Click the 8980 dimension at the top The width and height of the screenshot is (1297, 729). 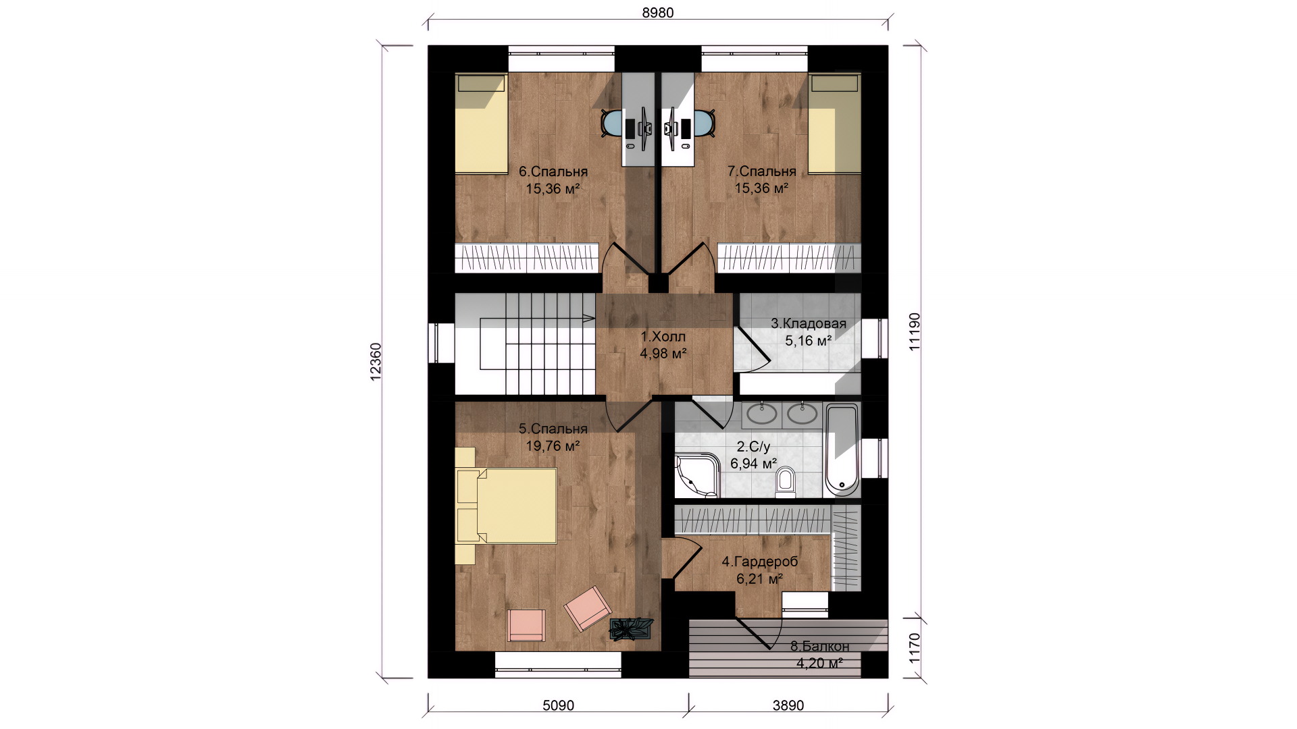[657, 13]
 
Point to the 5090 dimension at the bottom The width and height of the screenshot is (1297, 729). [558, 705]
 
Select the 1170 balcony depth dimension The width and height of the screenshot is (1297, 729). [914, 648]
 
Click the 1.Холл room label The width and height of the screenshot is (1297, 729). [663, 336]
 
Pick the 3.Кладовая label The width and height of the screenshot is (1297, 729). [809, 324]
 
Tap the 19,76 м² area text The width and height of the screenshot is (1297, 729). [553, 446]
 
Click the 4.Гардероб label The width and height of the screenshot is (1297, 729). [760, 562]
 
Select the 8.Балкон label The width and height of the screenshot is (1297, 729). [819, 647]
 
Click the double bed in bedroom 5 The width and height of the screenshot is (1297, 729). [506, 506]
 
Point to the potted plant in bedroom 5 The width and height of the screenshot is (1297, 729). [631, 628]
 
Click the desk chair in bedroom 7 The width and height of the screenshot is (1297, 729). [705, 124]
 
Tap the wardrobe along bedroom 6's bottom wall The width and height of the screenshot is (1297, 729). [527, 257]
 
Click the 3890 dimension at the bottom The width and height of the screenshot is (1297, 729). [788, 705]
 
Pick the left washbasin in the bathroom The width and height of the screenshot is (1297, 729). [763, 414]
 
